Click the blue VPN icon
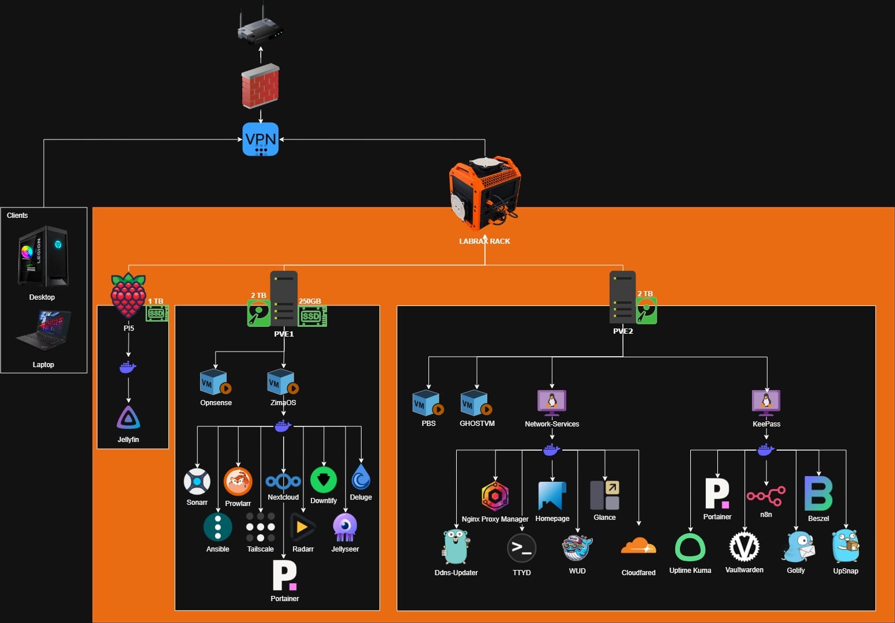261,139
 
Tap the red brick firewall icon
261,86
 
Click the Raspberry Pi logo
128,296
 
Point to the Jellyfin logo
128,418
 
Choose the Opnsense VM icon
215,382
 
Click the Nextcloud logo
283,481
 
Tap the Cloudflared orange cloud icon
638,546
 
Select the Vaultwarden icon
744,546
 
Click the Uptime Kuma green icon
690,547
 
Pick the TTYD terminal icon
521,548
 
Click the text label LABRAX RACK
484,241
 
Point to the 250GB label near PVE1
310,301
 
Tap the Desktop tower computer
43,256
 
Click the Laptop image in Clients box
44,330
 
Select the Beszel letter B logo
818,493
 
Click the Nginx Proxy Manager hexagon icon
495,496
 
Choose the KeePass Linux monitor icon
766,402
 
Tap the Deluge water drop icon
361,477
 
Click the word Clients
17,215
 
